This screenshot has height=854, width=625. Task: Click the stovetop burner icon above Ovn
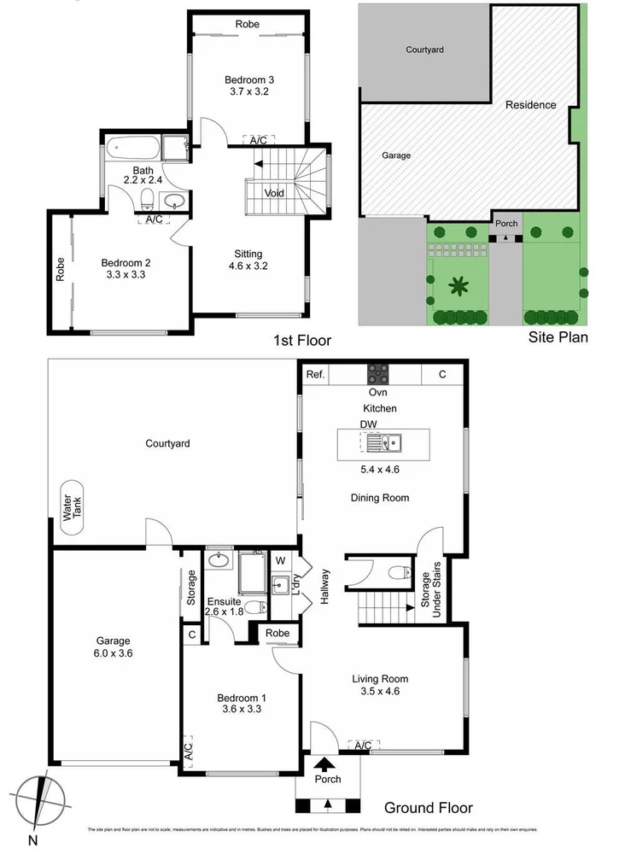click(x=377, y=374)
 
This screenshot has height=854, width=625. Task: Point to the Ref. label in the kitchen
click(x=315, y=374)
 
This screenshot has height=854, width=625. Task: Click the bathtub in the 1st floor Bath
click(x=135, y=150)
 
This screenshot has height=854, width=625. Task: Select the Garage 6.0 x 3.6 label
click(x=113, y=646)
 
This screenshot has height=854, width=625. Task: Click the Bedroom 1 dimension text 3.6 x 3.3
click(x=241, y=708)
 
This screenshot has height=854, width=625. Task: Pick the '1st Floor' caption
click(x=301, y=341)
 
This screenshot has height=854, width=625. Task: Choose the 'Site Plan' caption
click(x=558, y=337)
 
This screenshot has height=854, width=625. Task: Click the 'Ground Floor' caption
click(x=428, y=808)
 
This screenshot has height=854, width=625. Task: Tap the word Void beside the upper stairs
click(x=274, y=193)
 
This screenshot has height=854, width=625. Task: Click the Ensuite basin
click(x=218, y=561)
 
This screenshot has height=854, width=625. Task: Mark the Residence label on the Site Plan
click(x=530, y=105)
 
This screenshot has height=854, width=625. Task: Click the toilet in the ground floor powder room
click(x=394, y=572)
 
